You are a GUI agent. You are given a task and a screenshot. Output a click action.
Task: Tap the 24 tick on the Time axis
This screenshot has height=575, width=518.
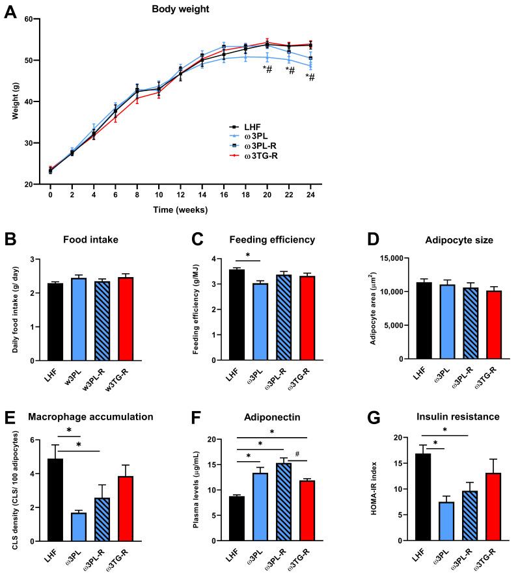[x=311, y=194]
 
